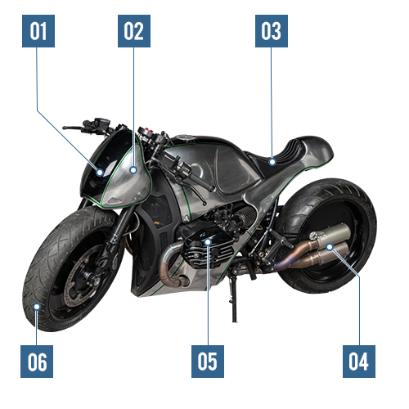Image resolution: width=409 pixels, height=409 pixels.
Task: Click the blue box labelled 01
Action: tap(38, 31)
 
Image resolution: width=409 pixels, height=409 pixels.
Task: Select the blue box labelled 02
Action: tap(134, 31)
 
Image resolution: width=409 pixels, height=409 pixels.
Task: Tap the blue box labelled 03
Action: tap(272, 31)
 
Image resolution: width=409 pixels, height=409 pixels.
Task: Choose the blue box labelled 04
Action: tap(359, 362)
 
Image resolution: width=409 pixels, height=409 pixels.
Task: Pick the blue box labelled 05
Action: tap(208, 362)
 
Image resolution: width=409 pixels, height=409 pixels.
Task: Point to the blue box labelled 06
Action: tap(37, 362)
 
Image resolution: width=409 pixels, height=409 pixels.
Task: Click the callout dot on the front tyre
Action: tap(37, 307)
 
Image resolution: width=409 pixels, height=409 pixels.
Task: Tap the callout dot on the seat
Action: tap(272, 162)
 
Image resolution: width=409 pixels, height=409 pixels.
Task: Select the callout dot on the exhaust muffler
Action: tap(330, 247)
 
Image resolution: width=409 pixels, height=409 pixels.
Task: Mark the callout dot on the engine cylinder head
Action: tap(208, 242)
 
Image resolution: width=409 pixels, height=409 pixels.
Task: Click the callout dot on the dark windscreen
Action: tap(100, 173)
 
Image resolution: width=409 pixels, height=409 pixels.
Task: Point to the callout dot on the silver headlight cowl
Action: tap(133, 170)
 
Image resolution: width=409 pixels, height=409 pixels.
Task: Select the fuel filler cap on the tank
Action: tap(186, 137)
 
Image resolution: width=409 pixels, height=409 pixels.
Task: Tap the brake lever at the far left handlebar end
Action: tap(73, 128)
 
